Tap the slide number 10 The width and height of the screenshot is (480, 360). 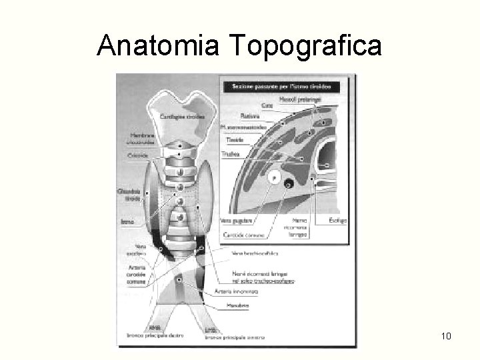[446, 335]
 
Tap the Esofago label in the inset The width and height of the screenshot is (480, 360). [338, 220]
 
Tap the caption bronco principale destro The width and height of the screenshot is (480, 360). [160, 337]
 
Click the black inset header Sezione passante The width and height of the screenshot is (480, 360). [283, 87]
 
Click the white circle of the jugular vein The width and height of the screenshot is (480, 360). [273, 178]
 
